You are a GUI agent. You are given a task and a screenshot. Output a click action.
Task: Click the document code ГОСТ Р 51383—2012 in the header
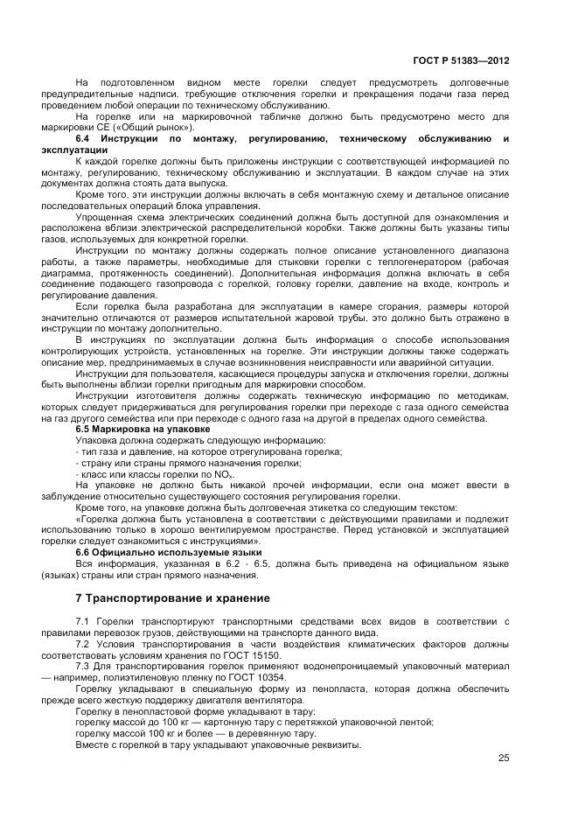click(x=460, y=61)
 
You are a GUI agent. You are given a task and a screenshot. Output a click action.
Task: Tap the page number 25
click(x=504, y=759)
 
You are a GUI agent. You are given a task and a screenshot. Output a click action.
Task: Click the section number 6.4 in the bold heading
click(x=84, y=139)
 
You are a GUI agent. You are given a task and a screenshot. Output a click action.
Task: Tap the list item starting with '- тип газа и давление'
click(x=209, y=451)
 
